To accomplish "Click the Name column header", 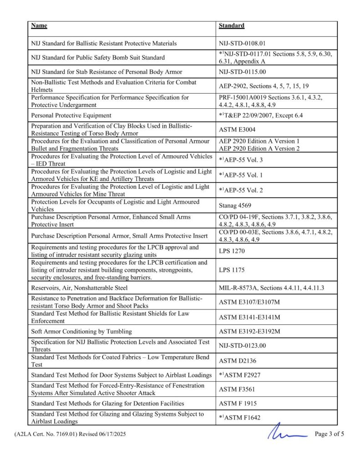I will [x=39, y=26].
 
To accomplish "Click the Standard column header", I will [x=231, y=26].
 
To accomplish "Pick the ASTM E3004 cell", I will [x=237, y=130].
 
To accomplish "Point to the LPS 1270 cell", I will [x=232, y=251].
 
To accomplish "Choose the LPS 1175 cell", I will [x=232, y=270].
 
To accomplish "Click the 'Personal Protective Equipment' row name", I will [x=71, y=116].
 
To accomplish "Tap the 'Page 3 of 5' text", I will [x=329, y=434].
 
